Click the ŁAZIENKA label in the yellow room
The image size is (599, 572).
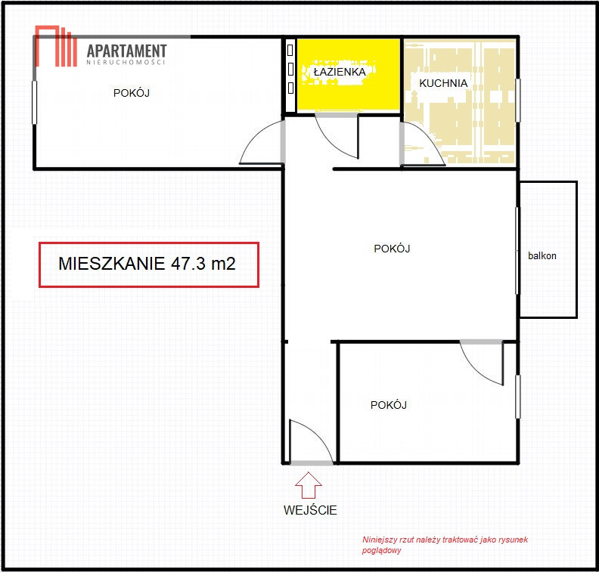[340, 72]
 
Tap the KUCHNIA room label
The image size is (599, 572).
[443, 83]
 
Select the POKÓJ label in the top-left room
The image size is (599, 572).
[132, 93]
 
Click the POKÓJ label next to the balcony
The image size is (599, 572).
[392, 249]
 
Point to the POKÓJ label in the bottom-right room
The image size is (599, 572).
[389, 405]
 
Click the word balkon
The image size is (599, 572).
[542, 255]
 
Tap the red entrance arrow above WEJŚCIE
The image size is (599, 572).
[309, 485]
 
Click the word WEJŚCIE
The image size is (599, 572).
[310, 510]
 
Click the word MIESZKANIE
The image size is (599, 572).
[111, 264]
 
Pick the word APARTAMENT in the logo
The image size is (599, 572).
[127, 51]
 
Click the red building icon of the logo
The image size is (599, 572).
[56, 46]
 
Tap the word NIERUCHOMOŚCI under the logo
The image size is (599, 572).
[126, 62]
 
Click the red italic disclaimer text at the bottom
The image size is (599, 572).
[445, 545]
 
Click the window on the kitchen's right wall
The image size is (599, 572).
[517, 100]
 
